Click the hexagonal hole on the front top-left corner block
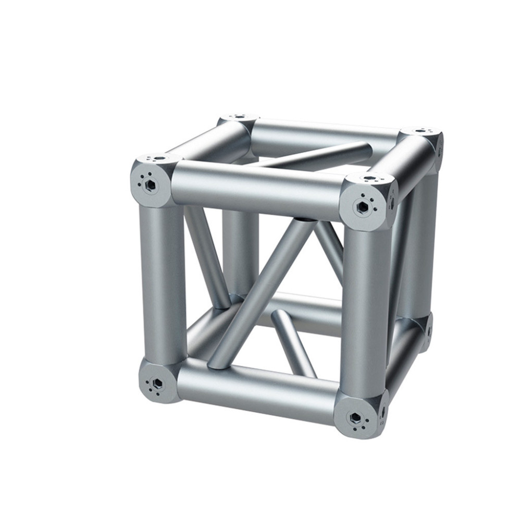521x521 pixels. click(x=151, y=184)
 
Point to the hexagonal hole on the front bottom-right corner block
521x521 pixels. click(x=355, y=418)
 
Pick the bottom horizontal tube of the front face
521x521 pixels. click(x=255, y=388)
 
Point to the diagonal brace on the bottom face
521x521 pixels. click(x=294, y=344)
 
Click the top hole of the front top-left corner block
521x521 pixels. click(x=158, y=157)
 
